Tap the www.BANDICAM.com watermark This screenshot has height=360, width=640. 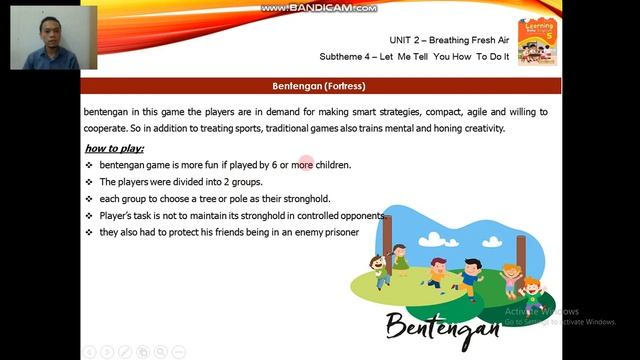click(x=319, y=8)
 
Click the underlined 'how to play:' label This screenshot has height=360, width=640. click(x=114, y=149)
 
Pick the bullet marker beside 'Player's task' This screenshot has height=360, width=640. click(x=89, y=216)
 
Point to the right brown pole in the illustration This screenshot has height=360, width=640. click(x=522, y=258)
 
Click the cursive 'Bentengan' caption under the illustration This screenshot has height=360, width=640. click(x=441, y=326)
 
